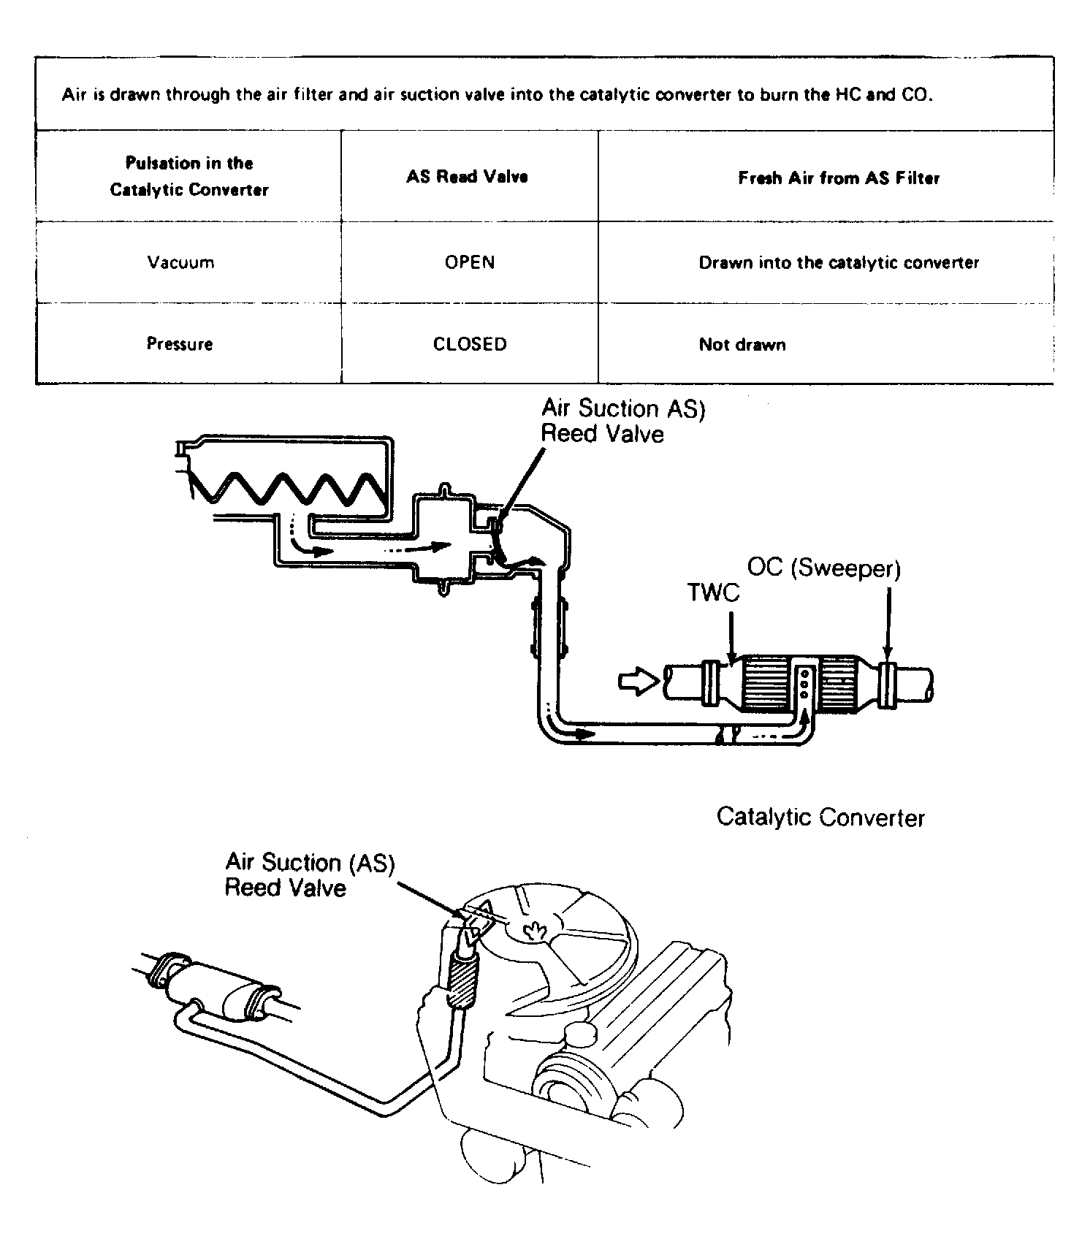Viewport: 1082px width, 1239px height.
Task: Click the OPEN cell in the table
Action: click(x=469, y=262)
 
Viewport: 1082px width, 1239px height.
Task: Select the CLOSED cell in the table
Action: click(x=469, y=344)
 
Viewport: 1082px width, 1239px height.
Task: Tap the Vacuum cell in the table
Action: click(x=180, y=262)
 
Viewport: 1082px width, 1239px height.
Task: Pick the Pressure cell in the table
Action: click(x=180, y=344)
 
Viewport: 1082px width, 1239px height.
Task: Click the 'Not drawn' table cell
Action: click(x=742, y=345)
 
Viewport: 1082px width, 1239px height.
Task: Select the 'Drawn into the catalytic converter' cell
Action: click(x=839, y=263)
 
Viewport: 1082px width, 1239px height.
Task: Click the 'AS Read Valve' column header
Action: click(x=468, y=177)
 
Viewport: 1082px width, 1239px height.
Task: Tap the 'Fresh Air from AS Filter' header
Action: click(x=839, y=178)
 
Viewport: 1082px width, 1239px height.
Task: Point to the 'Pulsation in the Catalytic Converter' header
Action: click(x=189, y=176)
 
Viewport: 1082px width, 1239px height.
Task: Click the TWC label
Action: click(x=713, y=592)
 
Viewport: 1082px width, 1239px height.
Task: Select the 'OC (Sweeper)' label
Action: click(x=824, y=568)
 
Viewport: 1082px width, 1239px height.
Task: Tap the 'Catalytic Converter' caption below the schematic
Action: click(x=820, y=817)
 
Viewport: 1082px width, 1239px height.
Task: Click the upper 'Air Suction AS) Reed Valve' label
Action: click(x=622, y=422)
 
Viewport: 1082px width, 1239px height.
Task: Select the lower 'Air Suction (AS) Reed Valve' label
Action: click(x=309, y=874)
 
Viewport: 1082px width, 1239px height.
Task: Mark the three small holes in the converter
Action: click(x=804, y=684)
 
